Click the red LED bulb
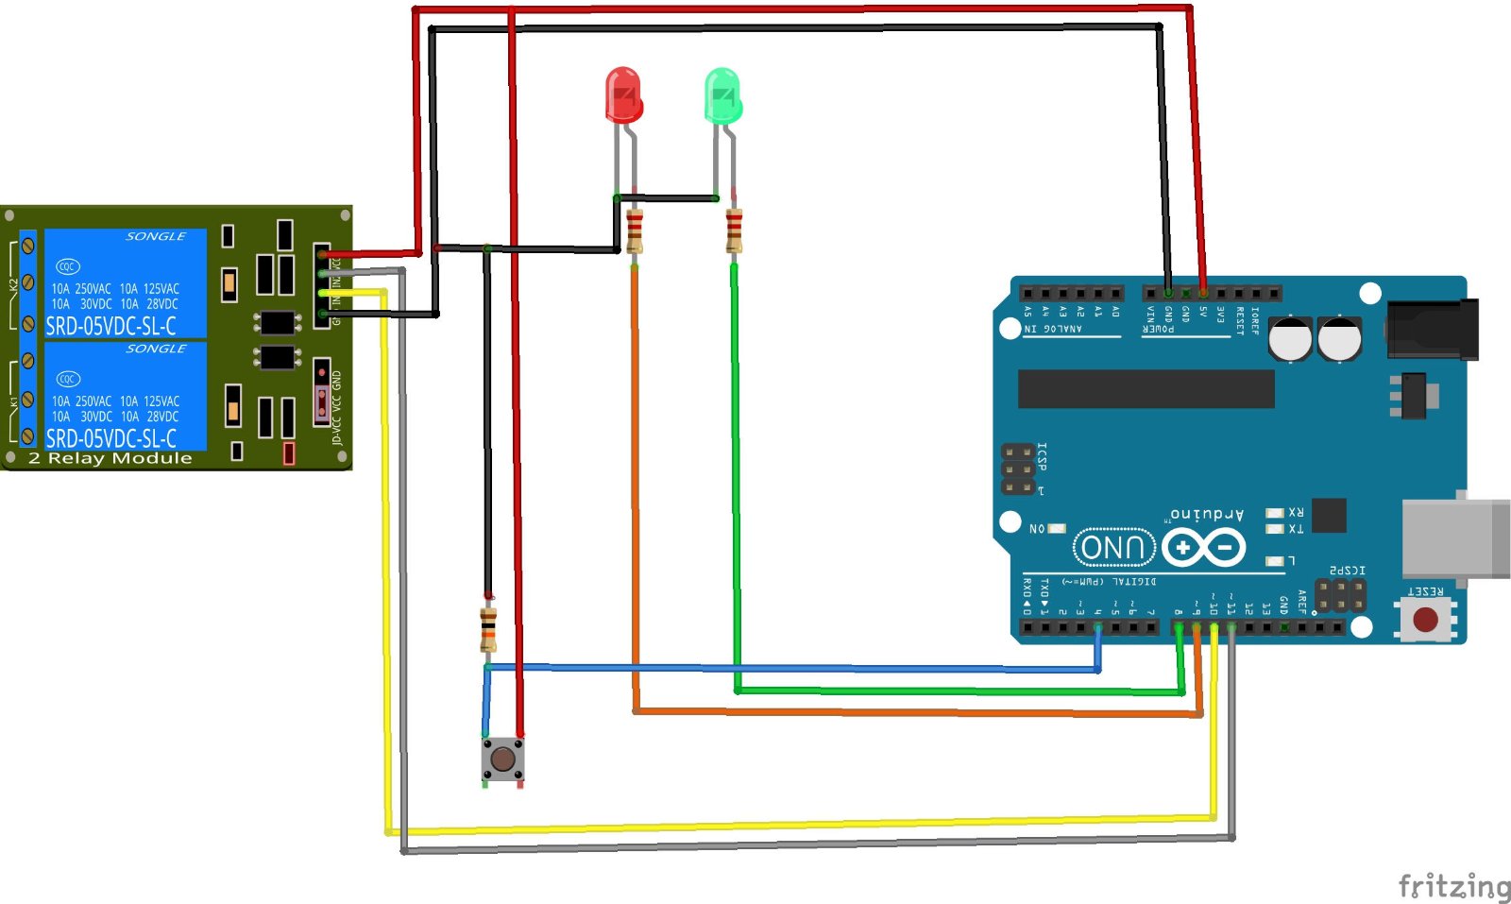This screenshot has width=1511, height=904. click(623, 94)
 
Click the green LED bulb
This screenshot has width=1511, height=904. click(722, 95)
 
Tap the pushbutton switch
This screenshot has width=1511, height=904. click(502, 759)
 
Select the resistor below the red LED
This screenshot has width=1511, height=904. click(635, 230)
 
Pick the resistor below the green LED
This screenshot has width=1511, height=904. click(734, 230)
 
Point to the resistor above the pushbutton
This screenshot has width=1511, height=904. click(488, 629)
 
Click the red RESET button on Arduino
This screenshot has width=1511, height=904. click(1425, 620)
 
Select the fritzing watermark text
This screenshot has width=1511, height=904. click(1453, 886)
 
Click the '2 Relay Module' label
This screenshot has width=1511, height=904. click(110, 458)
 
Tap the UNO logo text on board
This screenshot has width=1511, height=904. click(1114, 547)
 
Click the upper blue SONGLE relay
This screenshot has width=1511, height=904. click(125, 282)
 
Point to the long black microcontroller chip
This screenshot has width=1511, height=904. click(1146, 388)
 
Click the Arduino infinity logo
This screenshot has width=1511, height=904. click(1204, 547)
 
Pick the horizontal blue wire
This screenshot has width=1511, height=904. click(793, 668)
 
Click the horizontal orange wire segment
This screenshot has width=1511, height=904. click(916, 712)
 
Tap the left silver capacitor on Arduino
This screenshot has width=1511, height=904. click(1290, 339)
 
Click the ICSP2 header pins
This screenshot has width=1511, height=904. click(1341, 595)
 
